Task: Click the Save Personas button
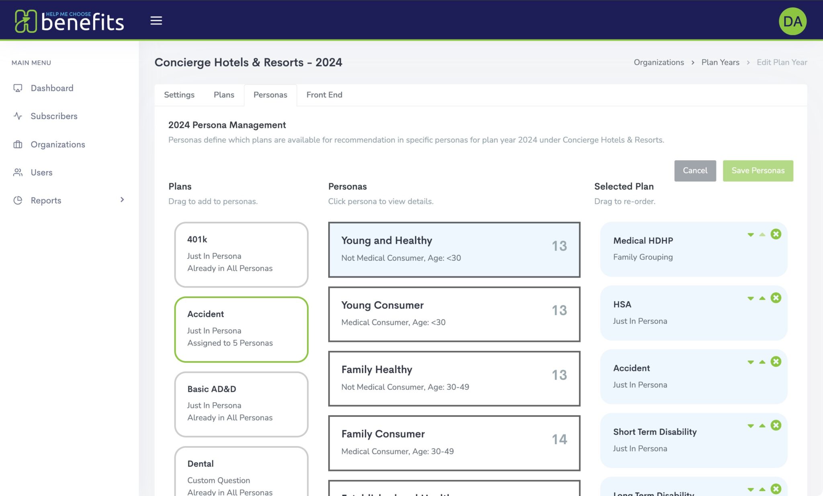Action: [x=757, y=171]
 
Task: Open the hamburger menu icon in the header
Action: [x=156, y=21]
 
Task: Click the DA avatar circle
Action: [x=792, y=21]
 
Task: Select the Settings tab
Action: [x=179, y=95]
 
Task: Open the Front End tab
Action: [x=324, y=95]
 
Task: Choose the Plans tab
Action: [x=224, y=95]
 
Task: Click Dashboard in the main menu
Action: [x=52, y=88]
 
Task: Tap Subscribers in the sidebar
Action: [x=54, y=116]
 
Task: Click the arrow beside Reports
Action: [x=122, y=200]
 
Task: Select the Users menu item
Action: [x=41, y=173]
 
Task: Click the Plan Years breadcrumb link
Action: [x=720, y=62]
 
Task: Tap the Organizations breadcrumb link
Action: [x=659, y=62]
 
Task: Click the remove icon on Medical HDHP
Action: [x=776, y=234]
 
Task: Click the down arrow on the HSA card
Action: [x=750, y=298]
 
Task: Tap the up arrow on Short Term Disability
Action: [x=762, y=426]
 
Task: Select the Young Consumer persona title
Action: [x=382, y=305]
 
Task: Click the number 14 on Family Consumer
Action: [x=559, y=439]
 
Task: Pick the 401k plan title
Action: [x=197, y=239]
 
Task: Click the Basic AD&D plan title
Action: [x=211, y=389]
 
